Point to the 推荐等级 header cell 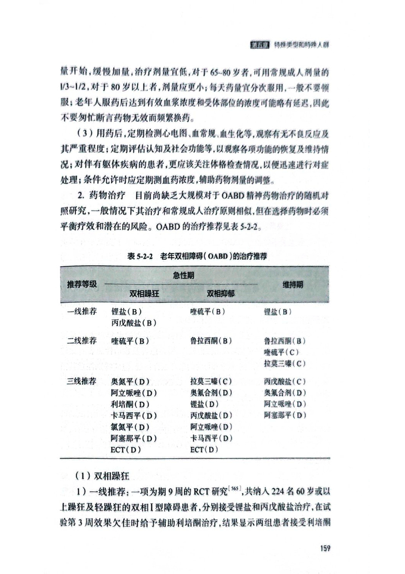click(x=82, y=285)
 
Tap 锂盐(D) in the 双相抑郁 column click(x=205, y=404)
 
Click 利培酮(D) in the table click(x=130, y=404)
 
